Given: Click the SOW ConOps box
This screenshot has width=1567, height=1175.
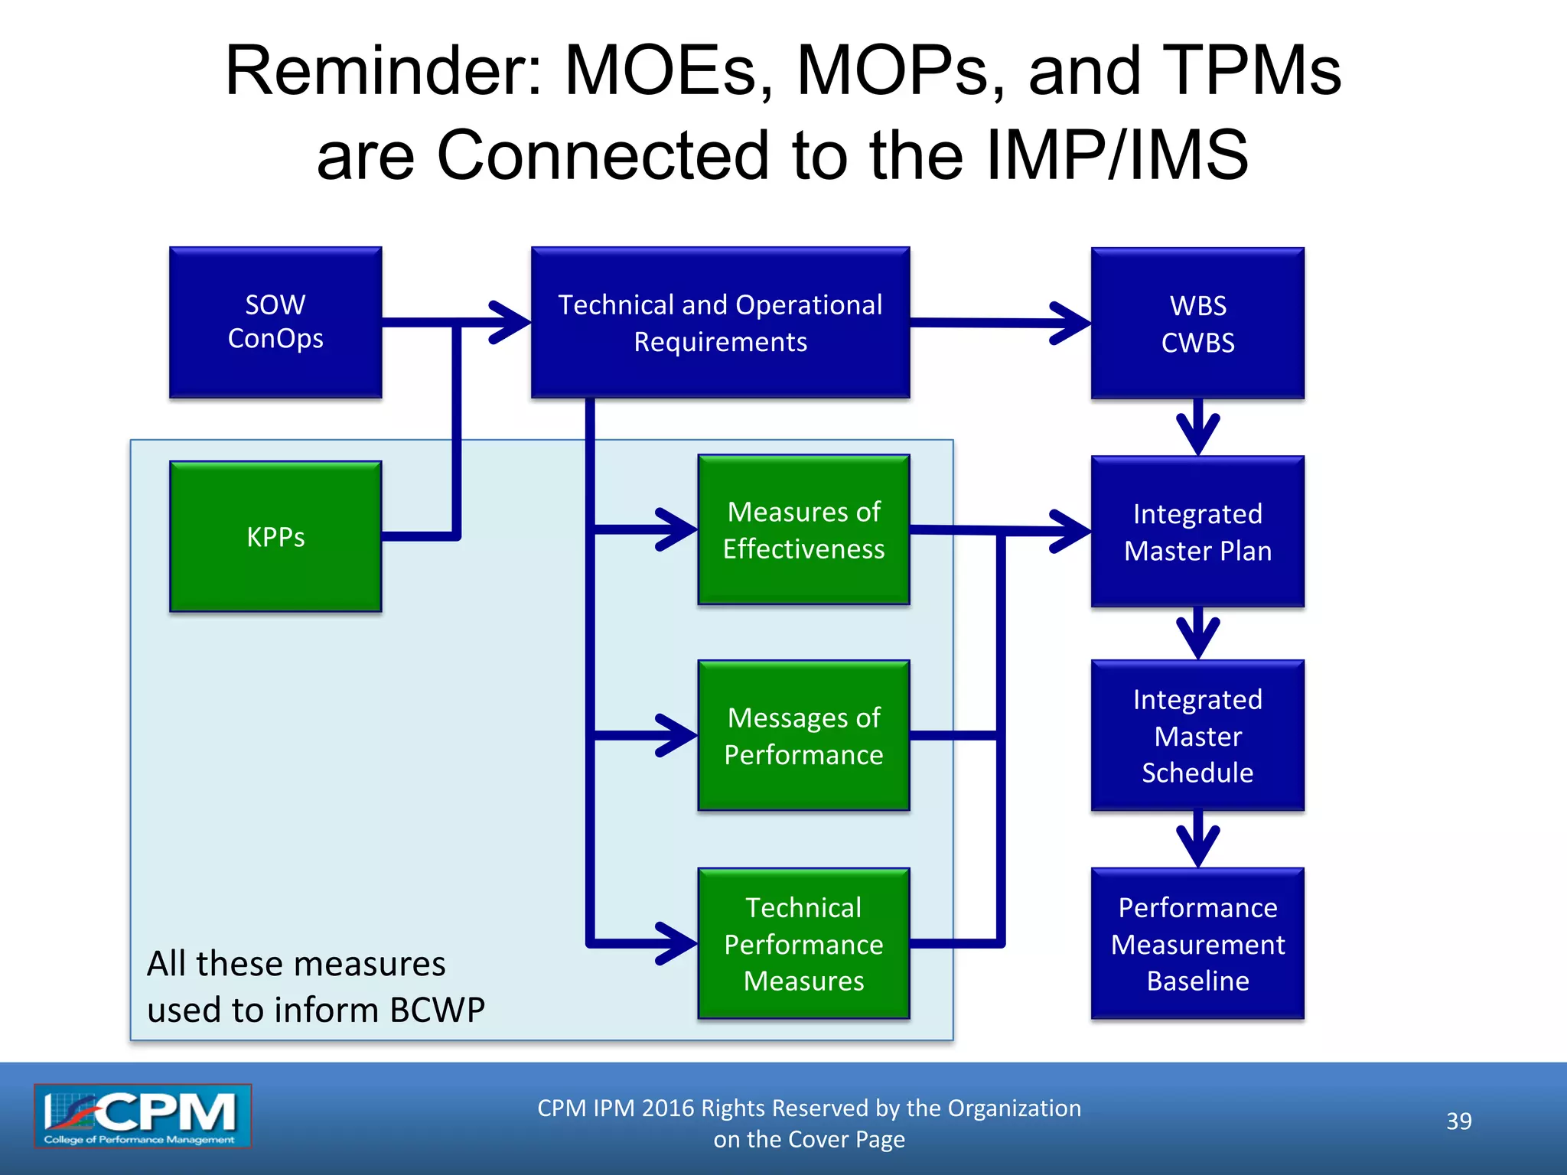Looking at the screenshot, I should click(x=275, y=322).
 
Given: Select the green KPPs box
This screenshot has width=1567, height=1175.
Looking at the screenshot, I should click(x=275, y=536).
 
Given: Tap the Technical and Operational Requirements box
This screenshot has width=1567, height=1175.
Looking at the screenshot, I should click(x=720, y=322).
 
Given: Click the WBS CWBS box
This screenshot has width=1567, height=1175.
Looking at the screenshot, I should click(x=1197, y=324).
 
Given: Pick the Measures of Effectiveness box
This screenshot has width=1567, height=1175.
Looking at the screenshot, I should click(x=803, y=529).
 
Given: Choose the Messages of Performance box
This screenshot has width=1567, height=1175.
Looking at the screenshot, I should click(x=803, y=735).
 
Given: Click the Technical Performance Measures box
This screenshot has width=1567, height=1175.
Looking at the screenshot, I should click(x=803, y=943).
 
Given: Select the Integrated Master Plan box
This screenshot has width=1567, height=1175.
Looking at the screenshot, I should click(x=1197, y=532).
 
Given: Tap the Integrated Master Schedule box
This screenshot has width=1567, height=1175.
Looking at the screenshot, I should click(x=1197, y=735).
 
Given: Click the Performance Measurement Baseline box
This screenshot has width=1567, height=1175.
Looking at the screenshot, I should click(x=1197, y=943).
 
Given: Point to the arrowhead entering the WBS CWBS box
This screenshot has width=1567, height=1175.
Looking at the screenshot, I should click(x=1071, y=323).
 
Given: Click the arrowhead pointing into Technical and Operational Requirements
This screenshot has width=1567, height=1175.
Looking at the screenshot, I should click(x=511, y=322).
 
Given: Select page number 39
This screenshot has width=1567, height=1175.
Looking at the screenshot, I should click(x=1458, y=1121).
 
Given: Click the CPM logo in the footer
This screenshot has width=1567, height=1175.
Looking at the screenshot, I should click(x=142, y=1116).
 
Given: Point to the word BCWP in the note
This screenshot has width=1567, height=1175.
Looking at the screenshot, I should click(x=437, y=1010).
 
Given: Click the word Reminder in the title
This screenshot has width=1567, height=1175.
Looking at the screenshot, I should click(x=383, y=70).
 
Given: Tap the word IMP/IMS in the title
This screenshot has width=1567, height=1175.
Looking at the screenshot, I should click(x=1117, y=155).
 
